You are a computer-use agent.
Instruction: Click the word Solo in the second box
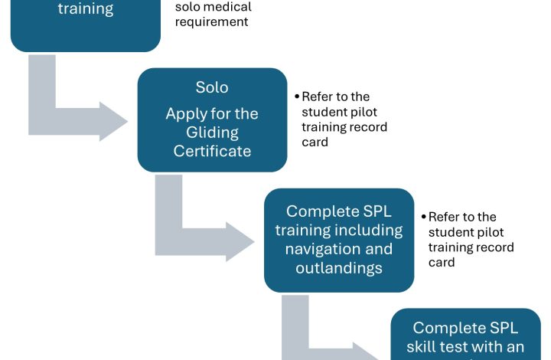click(x=212, y=87)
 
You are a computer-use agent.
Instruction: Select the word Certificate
click(x=212, y=151)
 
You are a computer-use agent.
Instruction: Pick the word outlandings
click(x=339, y=268)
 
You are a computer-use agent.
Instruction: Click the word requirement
click(x=211, y=21)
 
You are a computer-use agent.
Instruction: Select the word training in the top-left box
click(x=86, y=9)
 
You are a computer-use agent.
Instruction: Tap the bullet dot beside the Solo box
click(x=297, y=97)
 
